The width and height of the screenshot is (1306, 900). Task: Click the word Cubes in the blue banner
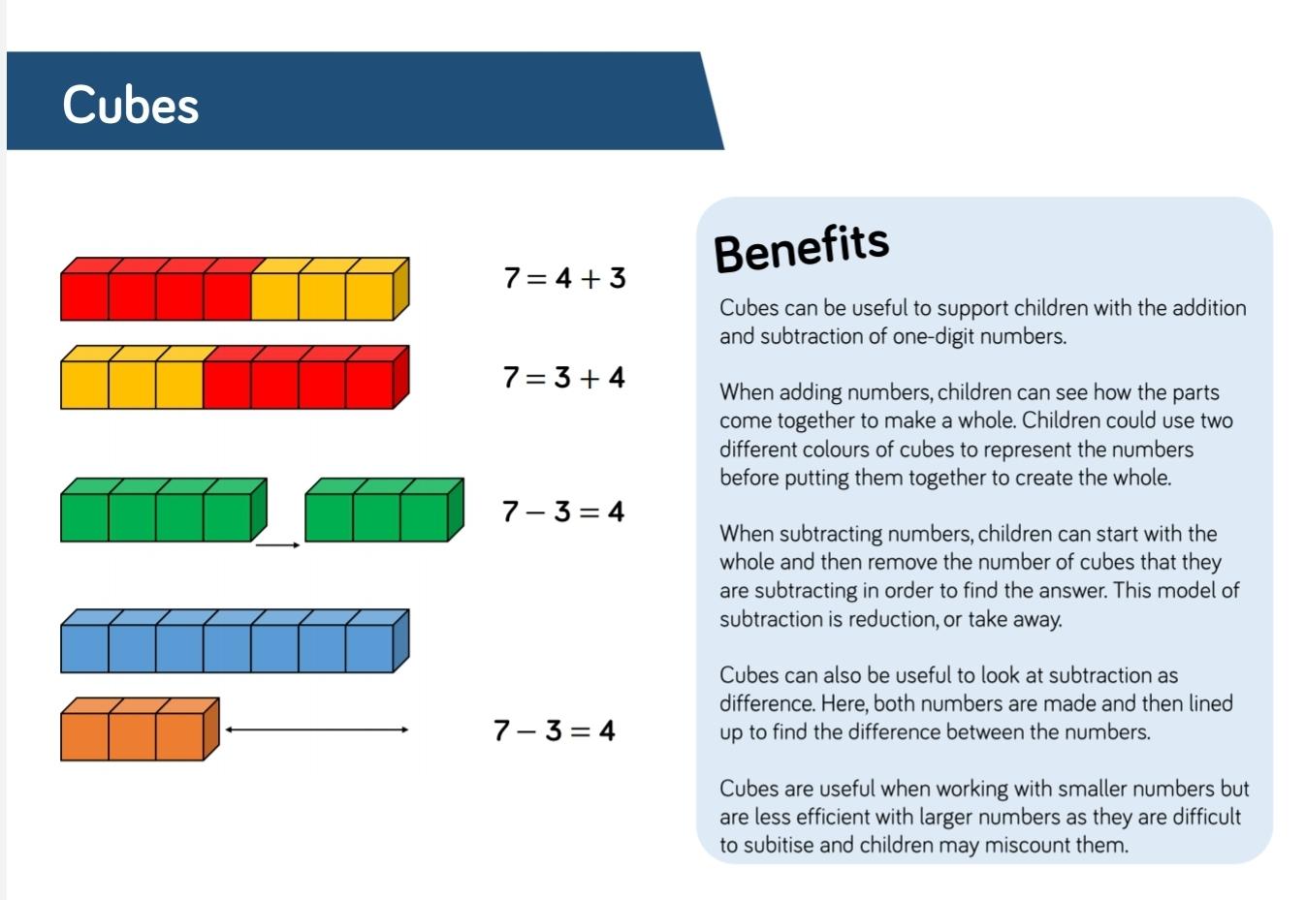coord(131,105)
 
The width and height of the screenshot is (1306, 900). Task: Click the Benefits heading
coord(802,249)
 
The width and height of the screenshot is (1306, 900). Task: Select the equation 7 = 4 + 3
coord(565,278)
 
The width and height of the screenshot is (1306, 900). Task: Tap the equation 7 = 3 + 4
coord(564,378)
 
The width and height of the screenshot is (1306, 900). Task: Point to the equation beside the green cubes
coord(563,512)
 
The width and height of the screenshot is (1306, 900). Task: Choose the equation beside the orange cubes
coord(555,729)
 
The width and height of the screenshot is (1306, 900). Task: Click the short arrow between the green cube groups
coord(278,545)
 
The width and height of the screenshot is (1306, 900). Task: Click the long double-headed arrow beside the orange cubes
coord(317,729)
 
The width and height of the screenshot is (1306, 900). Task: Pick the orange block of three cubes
coord(140,729)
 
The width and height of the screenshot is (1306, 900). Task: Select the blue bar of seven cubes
coord(235,640)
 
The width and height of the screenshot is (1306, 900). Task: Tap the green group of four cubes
coord(164,510)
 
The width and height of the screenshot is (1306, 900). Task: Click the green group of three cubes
coord(385,510)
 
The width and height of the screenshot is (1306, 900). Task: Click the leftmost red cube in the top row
coord(84,296)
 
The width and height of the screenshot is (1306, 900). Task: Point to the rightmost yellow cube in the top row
coord(369,296)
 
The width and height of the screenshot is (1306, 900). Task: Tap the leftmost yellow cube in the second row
coord(84,385)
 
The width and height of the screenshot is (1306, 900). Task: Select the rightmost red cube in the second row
coord(369,385)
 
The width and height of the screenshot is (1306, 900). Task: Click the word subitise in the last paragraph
coord(778,845)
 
